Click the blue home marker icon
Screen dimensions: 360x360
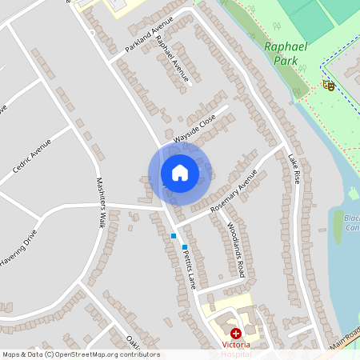tap(180, 173)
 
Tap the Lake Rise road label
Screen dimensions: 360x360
tap(294, 170)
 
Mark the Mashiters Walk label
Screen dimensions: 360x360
tap(102, 203)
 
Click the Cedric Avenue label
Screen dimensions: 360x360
tap(32, 157)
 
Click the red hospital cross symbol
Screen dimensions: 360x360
tap(235, 333)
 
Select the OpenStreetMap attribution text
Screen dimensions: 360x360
tap(80, 354)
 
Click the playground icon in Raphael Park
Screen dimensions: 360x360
tap(327, 85)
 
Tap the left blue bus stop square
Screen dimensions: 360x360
tap(174, 236)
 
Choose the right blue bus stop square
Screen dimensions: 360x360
tap(185, 247)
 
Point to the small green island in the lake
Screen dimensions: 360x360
tap(353, 193)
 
